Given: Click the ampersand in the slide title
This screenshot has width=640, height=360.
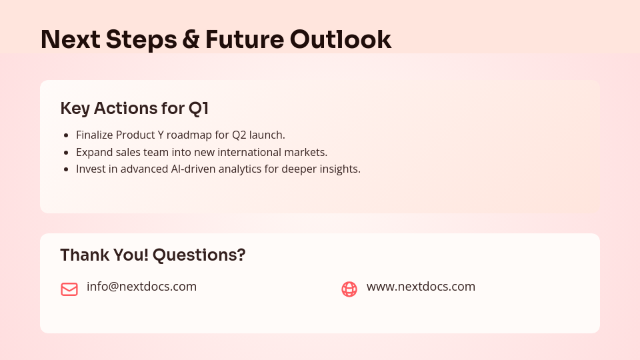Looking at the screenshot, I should (190, 40).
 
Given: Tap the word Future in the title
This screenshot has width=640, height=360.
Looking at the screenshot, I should (244, 40).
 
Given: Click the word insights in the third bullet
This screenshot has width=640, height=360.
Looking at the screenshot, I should (340, 169).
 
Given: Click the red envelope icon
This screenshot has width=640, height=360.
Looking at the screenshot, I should (69, 289).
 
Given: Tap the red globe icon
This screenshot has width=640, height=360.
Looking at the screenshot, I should (349, 289).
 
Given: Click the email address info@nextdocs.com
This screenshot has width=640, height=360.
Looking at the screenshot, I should (141, 287).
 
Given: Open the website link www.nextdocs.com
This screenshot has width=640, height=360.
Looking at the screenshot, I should (421, 287).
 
